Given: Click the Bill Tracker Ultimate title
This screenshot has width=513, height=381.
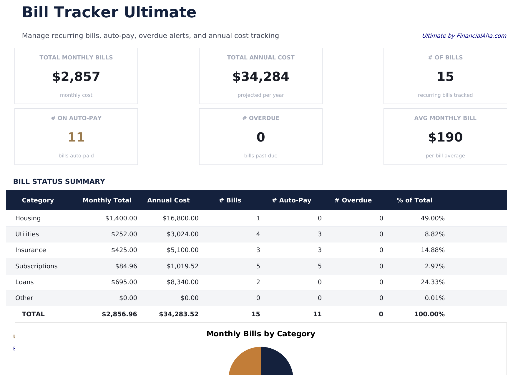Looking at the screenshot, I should (x=109, y=13).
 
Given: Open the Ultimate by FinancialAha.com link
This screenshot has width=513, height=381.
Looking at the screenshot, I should (x=464, y=36).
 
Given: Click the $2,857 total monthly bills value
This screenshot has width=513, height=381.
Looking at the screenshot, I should (x=76, y=77).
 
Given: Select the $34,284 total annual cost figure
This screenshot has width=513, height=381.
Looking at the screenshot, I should (x=260, y=77).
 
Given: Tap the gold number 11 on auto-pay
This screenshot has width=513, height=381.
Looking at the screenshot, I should (x=76, y=137).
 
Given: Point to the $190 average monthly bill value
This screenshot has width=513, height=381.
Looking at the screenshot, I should (x=445, y=137).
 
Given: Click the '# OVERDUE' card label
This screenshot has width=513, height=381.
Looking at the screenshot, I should (x=260, y=118).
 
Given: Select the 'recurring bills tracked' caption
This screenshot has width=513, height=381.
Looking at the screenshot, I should (x=445, y=95).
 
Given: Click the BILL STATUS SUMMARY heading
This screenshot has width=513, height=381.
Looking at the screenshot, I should (x=59, y=182).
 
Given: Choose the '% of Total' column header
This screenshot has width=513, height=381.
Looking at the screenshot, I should (x=414, y=200).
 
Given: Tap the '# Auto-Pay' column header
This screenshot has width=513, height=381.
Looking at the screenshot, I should (x=291, y=200).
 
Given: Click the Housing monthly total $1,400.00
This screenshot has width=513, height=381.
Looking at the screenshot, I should (x=121, y=218).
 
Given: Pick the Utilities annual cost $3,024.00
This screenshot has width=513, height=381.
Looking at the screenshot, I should (x=182, y=234).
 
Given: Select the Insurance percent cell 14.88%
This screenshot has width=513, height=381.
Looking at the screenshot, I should (x=432, y=250).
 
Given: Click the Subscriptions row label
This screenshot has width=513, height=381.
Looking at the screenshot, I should (x=36, y=266).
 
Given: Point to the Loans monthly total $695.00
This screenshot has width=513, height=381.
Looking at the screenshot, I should (x=124, y=282).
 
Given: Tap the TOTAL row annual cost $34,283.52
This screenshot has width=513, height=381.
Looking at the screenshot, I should (x=179, y=314).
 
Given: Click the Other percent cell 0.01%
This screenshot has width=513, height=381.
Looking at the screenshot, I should (x=434, y=298).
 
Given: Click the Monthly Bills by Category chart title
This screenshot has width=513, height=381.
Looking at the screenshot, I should (x=260, y=334).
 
